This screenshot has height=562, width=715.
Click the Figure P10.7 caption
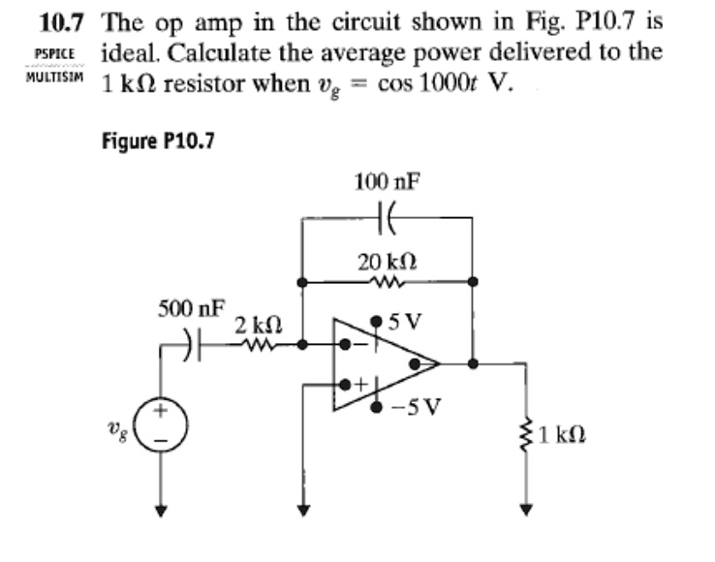157,140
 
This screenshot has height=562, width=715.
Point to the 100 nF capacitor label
387,181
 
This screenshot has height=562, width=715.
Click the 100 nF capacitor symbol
387,219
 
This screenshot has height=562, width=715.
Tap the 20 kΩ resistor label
387,262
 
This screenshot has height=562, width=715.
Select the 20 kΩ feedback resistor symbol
387,283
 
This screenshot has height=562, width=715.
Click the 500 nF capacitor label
191,310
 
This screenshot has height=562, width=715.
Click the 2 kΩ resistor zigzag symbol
259,343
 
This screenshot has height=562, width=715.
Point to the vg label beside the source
121,425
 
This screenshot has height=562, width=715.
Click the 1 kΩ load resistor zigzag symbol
526,433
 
